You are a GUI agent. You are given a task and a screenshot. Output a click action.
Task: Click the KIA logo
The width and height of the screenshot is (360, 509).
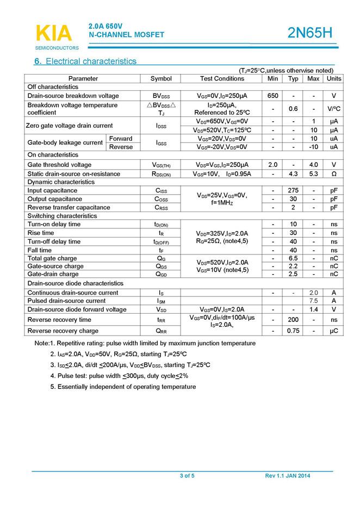click(53, 33)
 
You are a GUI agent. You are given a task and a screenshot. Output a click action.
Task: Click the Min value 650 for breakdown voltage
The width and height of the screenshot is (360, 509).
click(273, 96)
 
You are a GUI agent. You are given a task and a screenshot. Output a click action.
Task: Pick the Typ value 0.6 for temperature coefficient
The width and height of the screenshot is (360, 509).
click(293, 108)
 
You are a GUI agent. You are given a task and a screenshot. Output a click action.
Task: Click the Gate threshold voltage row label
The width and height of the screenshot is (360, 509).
click(59, 165)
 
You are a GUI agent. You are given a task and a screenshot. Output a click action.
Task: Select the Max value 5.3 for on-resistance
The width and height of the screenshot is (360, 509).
click(313, 174)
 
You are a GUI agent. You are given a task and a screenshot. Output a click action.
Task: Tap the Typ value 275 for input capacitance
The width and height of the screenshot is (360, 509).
click(293, 190)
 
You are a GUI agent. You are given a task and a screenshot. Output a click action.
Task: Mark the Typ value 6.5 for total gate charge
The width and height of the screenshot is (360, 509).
click(293, 258)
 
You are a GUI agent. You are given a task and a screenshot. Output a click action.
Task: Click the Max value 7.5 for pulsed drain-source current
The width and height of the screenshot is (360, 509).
click(313, 301)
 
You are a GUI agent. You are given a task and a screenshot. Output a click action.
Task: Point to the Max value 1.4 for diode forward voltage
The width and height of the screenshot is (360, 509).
click(313, 309)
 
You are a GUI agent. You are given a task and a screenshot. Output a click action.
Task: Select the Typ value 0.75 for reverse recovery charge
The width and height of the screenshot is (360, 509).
click(293, 331)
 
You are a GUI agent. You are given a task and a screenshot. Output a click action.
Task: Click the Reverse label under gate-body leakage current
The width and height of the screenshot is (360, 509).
click(121, 147)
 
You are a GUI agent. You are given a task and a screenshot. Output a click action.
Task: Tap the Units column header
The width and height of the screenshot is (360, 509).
click(333, 78)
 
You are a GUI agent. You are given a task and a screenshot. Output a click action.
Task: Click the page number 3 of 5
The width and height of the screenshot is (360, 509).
click(187, 476)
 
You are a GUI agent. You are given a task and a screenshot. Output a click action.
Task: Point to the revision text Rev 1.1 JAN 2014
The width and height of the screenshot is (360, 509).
click(288, 476)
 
